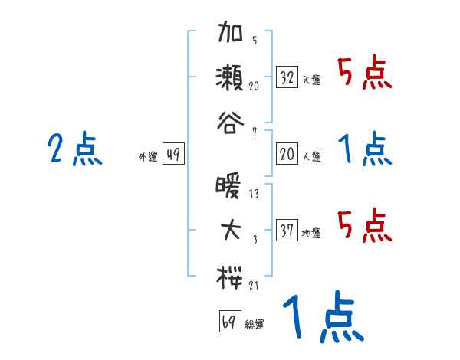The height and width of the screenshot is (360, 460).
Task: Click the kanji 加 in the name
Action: [231, 37]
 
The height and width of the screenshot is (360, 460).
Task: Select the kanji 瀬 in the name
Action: [231, 77]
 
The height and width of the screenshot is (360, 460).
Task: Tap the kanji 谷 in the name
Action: [231, 120]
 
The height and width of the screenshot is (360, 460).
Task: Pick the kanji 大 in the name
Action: [231, 231]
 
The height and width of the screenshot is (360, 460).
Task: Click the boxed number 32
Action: [287, 77]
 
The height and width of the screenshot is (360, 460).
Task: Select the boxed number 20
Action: [287, 154]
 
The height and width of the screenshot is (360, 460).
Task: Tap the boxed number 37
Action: [287, 231]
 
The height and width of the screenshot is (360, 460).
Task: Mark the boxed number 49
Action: [173, 154]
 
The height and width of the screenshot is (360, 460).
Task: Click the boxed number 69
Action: [228, 321]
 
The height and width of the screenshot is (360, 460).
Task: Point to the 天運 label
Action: [311, 80]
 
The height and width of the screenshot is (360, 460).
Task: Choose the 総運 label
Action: [254, 324]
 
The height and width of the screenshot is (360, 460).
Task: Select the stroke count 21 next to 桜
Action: [254, 285]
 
